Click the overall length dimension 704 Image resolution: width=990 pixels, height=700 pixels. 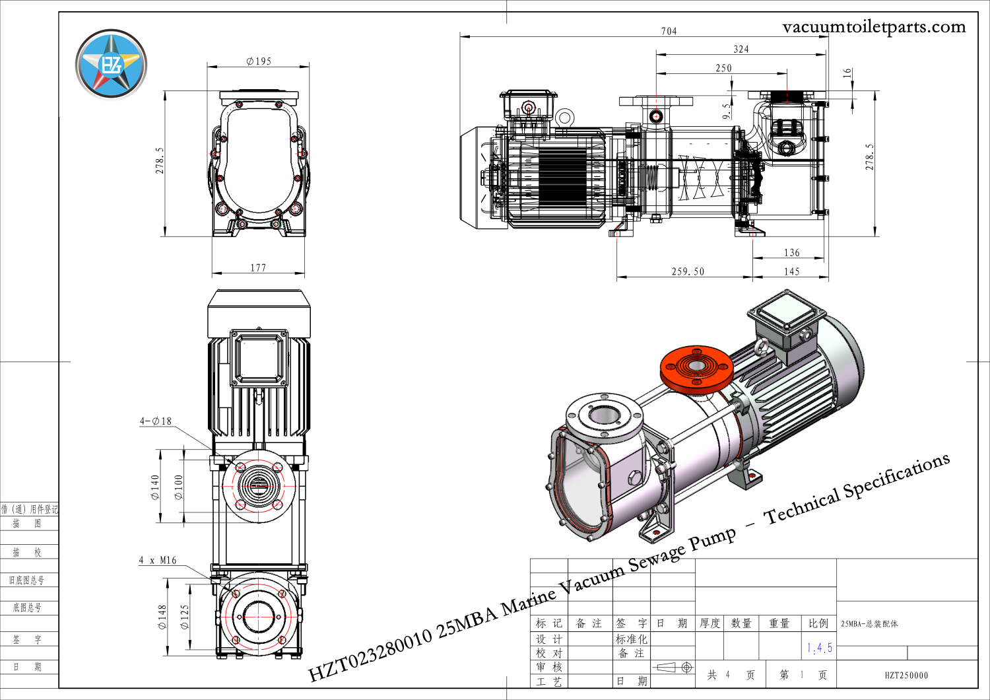click(669, 31)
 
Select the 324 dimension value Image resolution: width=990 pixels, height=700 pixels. click(741, 50)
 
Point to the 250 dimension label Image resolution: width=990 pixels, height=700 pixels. click(723, 68)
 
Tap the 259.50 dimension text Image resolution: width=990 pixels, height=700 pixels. click(688, 271)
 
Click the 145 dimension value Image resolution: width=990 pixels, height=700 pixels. click(791, 271)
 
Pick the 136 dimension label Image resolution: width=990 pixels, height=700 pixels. click(791, 253)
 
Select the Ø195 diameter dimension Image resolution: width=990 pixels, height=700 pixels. click(259, 61)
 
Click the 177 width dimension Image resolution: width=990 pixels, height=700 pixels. click(258, 267)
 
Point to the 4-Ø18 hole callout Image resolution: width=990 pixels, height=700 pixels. click(156, 421)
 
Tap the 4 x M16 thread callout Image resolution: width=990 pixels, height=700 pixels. click(158, 560)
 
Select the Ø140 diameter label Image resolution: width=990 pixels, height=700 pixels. click(156, 487)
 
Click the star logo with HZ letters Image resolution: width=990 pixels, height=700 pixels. click(111, 64)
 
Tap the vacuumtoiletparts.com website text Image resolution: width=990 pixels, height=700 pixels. click(873, 27)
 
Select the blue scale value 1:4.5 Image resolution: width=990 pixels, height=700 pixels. click(819, 648)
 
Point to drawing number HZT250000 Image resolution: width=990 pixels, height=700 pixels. click(906, 675)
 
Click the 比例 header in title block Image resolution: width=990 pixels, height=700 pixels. click(818, 623)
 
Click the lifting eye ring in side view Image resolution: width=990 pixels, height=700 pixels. click(564, 118)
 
